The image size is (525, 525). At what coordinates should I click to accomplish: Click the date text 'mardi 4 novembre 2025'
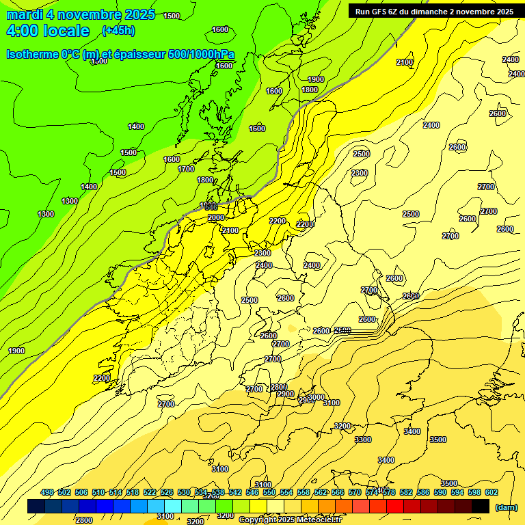click(x=81, y=15)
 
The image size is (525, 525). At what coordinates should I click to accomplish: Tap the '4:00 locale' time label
click(x=48, y=31)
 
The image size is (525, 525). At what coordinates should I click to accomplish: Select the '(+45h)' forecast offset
click(x=118, y=31)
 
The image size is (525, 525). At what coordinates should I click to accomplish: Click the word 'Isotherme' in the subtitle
click(x=31, y=55)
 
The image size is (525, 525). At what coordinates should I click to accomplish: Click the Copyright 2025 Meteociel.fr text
click(x=299, y=520)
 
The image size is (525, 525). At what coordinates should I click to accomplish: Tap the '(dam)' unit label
click(x=505, y=507)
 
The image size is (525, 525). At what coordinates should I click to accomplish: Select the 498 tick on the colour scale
click(x=47, y=492)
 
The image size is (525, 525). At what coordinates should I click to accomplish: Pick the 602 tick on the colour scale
click(x=491, y=492)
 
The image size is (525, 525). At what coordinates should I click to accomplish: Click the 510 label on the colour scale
click(x=98, y=492)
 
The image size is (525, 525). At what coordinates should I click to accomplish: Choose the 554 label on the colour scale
click(x=286, y=492)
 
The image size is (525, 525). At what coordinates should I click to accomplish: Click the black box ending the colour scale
click(x=481, y=507)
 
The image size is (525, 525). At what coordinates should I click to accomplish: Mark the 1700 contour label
click(x=186, y=169)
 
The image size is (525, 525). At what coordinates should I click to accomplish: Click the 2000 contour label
click(x=216, y=217)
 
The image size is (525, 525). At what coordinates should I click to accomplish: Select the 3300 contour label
click(x=363, y=440)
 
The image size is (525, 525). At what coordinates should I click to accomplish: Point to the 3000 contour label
click(x=316, y=397)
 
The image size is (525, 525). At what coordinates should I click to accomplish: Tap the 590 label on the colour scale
click(x=440, y=492)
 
